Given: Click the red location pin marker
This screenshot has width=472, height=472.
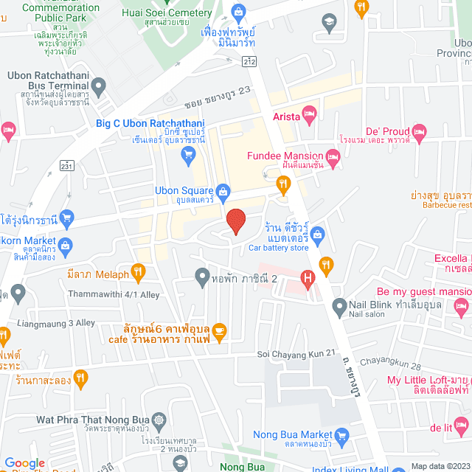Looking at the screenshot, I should click(235, 221).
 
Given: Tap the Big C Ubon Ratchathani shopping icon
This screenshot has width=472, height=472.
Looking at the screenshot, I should click(187, 154).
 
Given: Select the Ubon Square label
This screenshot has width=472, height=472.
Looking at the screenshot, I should click(184, 190).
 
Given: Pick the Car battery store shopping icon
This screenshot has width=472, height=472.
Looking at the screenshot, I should click(318, 235).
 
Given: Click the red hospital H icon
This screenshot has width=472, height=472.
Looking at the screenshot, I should click(308, 279).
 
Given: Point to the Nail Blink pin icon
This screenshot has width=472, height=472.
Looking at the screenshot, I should click(339, 305).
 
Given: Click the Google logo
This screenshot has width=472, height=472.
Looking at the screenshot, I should click(24, 463).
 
